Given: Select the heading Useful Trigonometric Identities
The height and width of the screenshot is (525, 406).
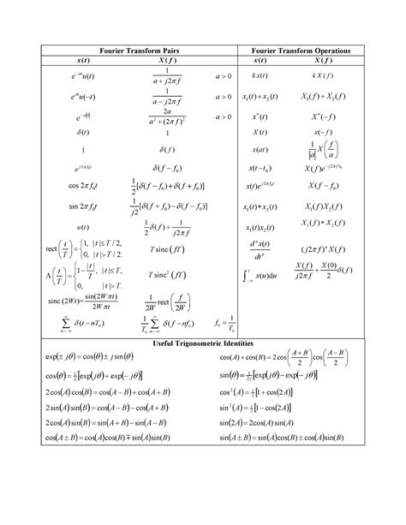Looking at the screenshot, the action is (202, 343).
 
